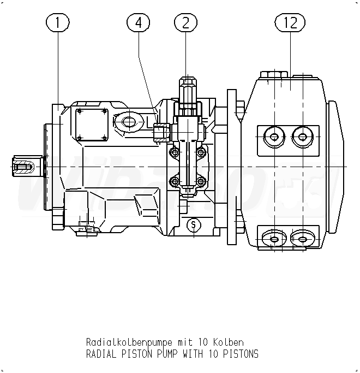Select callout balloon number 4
[138, 22]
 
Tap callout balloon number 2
[185, 22]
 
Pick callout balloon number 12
[290, 22]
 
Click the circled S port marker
[193, 224]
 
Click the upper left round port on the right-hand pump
[273, 136]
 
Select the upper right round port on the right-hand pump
[301, 136]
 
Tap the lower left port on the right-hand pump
[273, 238]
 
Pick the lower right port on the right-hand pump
[301, 238]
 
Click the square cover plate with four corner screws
[91, 124]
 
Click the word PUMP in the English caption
[164, 354]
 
